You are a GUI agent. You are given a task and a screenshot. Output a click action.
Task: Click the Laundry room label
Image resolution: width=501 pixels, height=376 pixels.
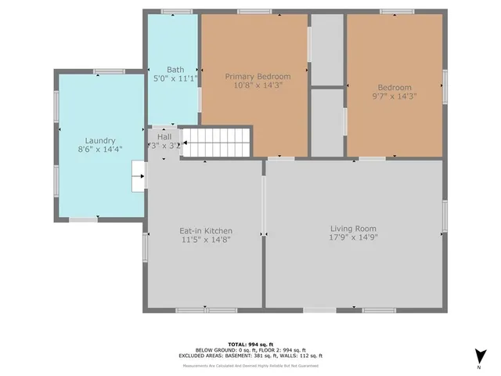[100, 140]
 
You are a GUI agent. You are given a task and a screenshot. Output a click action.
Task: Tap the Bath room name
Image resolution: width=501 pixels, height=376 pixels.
[175, 70]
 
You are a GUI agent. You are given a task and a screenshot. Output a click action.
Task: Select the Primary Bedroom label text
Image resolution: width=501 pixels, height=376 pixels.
[258, 77]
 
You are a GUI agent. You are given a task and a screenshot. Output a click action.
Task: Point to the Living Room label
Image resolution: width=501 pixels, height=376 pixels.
[354, 228]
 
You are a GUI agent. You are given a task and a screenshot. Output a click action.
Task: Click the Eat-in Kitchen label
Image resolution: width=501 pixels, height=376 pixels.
[206, 231]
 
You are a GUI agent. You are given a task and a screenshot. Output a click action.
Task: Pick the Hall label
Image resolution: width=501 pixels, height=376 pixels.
[164, 136]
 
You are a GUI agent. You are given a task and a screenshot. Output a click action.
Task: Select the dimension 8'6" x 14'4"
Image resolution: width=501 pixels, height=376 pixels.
[100, 149]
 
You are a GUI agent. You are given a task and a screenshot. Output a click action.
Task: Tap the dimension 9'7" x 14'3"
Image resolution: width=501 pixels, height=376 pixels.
[395, 96]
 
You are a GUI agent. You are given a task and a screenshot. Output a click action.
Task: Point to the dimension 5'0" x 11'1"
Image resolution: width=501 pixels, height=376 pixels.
[175, 78]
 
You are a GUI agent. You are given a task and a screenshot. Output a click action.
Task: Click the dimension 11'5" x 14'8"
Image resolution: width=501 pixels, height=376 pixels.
[206, 240]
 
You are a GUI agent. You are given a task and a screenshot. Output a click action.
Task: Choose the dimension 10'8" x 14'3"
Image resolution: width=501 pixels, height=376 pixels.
[258, 85]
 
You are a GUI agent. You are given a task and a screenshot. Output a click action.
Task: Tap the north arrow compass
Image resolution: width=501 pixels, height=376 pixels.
[478, 357]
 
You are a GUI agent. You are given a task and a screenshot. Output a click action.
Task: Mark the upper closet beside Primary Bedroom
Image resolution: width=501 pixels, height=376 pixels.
[327, 49]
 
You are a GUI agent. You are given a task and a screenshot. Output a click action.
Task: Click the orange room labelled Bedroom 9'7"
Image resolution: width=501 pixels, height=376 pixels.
[395, 117]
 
